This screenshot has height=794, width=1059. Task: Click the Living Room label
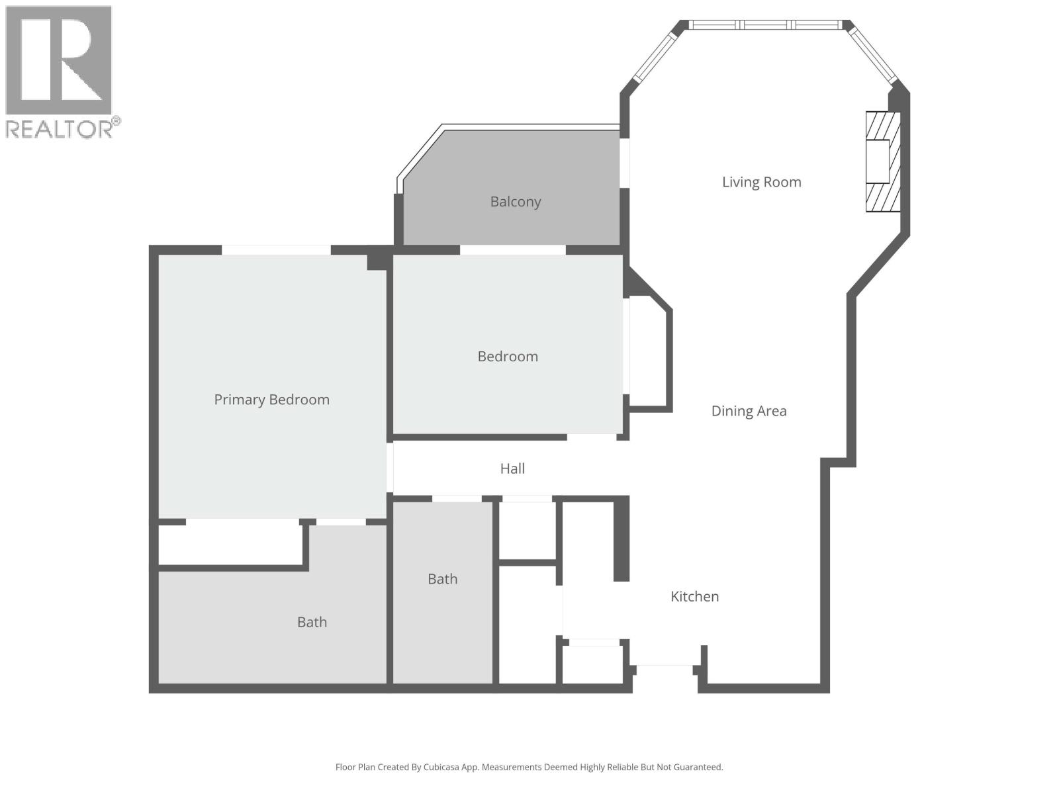click(x=761, y=182)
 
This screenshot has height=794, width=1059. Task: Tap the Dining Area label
click(x=749, y=411)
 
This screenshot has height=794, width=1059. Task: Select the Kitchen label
click(x=694, y=596)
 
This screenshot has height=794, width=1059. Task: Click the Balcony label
click(x=515, y=202)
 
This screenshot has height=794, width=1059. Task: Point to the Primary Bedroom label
click(x=271, y=400)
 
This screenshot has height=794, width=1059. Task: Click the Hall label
click(x=512, y=468)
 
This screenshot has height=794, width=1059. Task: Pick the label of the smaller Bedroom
click(x=508, y=357)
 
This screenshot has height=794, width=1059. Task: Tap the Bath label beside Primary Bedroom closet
click(x=312, y=622)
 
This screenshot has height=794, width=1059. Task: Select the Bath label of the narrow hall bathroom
click(x=442, y=579)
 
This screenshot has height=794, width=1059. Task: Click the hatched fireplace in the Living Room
click(x=883, y=161)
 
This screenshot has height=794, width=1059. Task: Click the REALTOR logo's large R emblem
click(x=58, y=60)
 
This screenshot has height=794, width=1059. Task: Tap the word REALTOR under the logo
click(x=58, y=128)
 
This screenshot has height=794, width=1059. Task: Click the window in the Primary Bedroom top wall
click(x=276, y=250)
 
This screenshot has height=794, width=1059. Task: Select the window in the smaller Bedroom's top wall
click(x=513, y=250)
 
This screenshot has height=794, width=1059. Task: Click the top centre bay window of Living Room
click(x=766, y=25)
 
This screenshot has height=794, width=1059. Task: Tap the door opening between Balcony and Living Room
click(x=624, y=163)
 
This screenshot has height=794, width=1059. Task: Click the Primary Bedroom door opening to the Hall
click(x=390, y=468)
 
